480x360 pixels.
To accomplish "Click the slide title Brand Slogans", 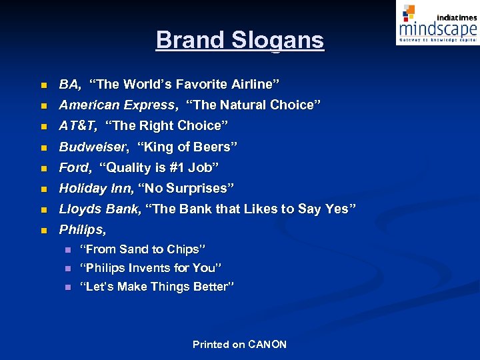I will click(x=239, y=40).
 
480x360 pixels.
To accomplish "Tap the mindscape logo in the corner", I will click(x=437, y=23).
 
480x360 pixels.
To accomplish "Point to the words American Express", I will click(x=118, y=105).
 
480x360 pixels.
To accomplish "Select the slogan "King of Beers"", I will click(x=187, y=147).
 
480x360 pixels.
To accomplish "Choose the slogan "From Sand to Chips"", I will click(x=142, y=249).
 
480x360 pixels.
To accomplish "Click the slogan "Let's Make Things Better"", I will click(x=157, y=287).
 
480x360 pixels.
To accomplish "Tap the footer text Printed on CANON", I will click(x=239, y=345).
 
